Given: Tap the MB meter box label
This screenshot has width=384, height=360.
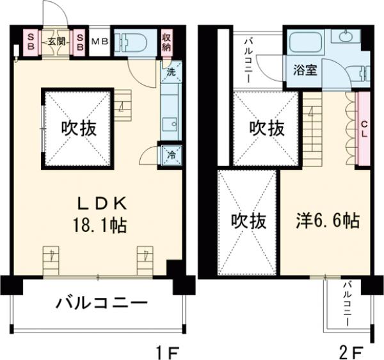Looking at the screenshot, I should tap(100, 42).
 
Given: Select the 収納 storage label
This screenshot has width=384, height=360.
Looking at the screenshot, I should tap(166, 42).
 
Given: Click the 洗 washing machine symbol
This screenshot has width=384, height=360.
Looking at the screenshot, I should tap(171, 72).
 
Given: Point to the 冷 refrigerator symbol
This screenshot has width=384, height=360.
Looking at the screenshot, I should tap(171, 154).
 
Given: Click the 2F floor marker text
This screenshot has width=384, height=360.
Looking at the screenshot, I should tap(351, 351).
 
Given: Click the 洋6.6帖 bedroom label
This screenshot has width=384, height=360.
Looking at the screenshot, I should tap(326, 221).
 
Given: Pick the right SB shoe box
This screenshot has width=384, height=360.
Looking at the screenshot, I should tap(80, 42).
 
